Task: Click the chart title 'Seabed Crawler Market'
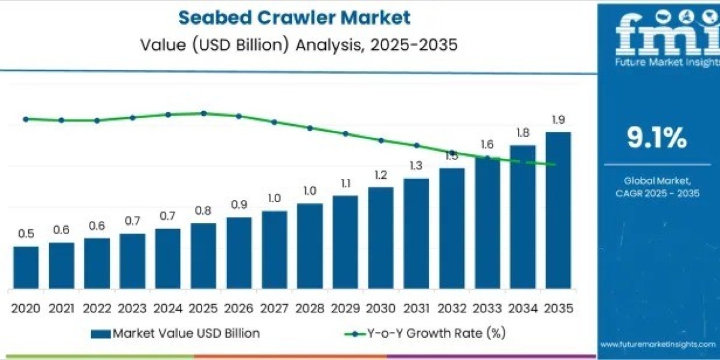(x=295, y=17)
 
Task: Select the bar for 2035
(x=558, y=210)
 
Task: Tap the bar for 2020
(x=26, y=267)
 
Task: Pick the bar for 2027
(x=274, y=249)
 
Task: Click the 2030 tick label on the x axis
(x=380, y=308)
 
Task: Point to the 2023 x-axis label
(x=132, y=308)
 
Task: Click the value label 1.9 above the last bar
(x=558, y=120)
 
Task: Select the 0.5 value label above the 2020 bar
(x=26, y=234)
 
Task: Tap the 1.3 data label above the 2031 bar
(x=416, y=166)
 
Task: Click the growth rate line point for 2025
(x=203, y=113)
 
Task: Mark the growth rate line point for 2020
(x=26, y=119)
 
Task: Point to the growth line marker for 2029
(x=345, y=133)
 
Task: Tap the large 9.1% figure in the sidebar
(x=657, y=139)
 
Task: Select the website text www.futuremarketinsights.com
(x=657, y=344)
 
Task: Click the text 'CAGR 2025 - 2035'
(x=657, y=193)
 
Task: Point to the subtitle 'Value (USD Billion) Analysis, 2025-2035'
(x=294, y=45)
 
